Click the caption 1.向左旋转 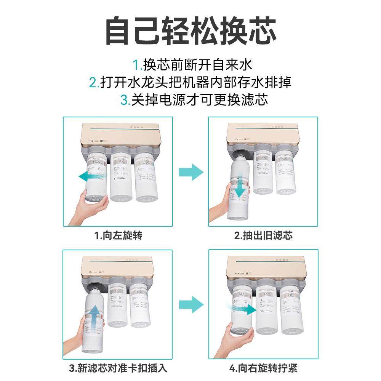tap(118, 235)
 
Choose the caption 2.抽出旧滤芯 tap(263, 235)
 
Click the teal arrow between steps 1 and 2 tap(191, 172)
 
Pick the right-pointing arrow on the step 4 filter tap(244, 309)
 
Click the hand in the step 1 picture tap(90, 208)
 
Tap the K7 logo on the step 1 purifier tap(86, 140)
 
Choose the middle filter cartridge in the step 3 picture tap(117, 305)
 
